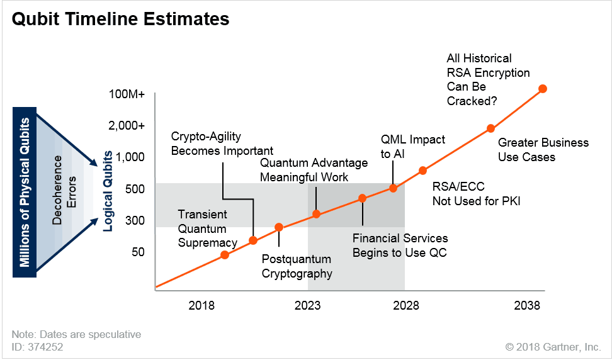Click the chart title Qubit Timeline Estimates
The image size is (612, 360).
(x=121, y=19)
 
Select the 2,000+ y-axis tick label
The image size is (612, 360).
(x=127, y=125)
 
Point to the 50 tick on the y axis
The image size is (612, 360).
(x=137, y=252)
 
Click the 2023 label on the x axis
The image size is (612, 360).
(x=307, y=306)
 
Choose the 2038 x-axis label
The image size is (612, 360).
(x=527, y=306)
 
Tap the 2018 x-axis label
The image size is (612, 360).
(x=201, y=306)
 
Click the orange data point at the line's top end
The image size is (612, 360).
(x=543, y=89)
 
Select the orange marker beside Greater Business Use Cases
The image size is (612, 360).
(x=490, y=128)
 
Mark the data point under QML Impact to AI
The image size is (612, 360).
(x=394, y=188)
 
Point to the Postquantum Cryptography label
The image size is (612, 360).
(x=297, y=266)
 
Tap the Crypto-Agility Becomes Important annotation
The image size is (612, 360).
(x=222, y=143)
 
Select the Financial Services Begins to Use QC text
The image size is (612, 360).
(x=400, y=245)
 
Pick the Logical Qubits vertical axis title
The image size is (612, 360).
(x=108, y=190)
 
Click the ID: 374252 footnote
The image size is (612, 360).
(x=37, y=346)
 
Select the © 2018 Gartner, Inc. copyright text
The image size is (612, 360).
(x=553, y=346)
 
